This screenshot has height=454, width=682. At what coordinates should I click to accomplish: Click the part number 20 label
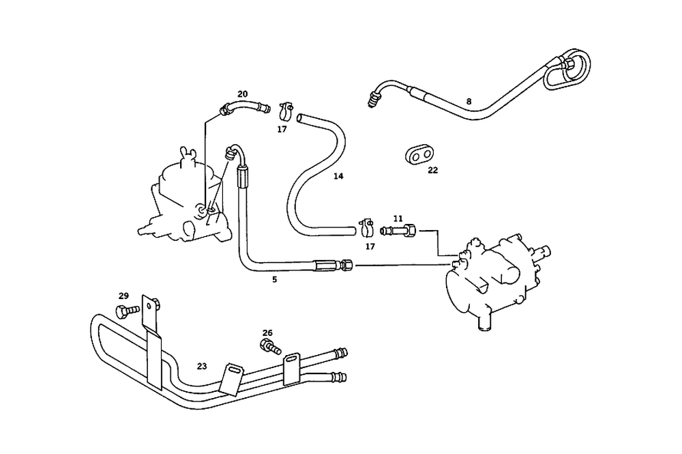click(243, 94)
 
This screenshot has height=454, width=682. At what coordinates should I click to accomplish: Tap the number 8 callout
click(469, 102)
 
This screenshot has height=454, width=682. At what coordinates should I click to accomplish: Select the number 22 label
click(433, 170)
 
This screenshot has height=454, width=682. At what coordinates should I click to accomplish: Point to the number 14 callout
click(338, 176)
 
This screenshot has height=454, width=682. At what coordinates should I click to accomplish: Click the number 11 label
click(398, 218)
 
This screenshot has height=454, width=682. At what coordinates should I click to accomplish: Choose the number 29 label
click(123, 296)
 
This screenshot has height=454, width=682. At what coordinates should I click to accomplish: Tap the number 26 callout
click(267, 333)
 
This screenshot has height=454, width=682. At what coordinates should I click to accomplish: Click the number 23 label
click(202, 366)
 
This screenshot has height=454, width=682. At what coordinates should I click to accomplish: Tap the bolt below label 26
click(270, 345)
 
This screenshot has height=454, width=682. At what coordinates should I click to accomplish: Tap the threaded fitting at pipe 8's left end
click(373, 98)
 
